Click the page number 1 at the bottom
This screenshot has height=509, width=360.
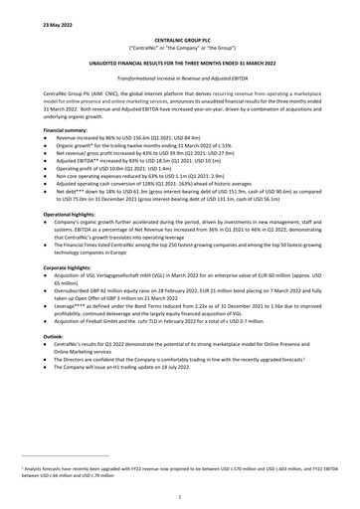179,495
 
